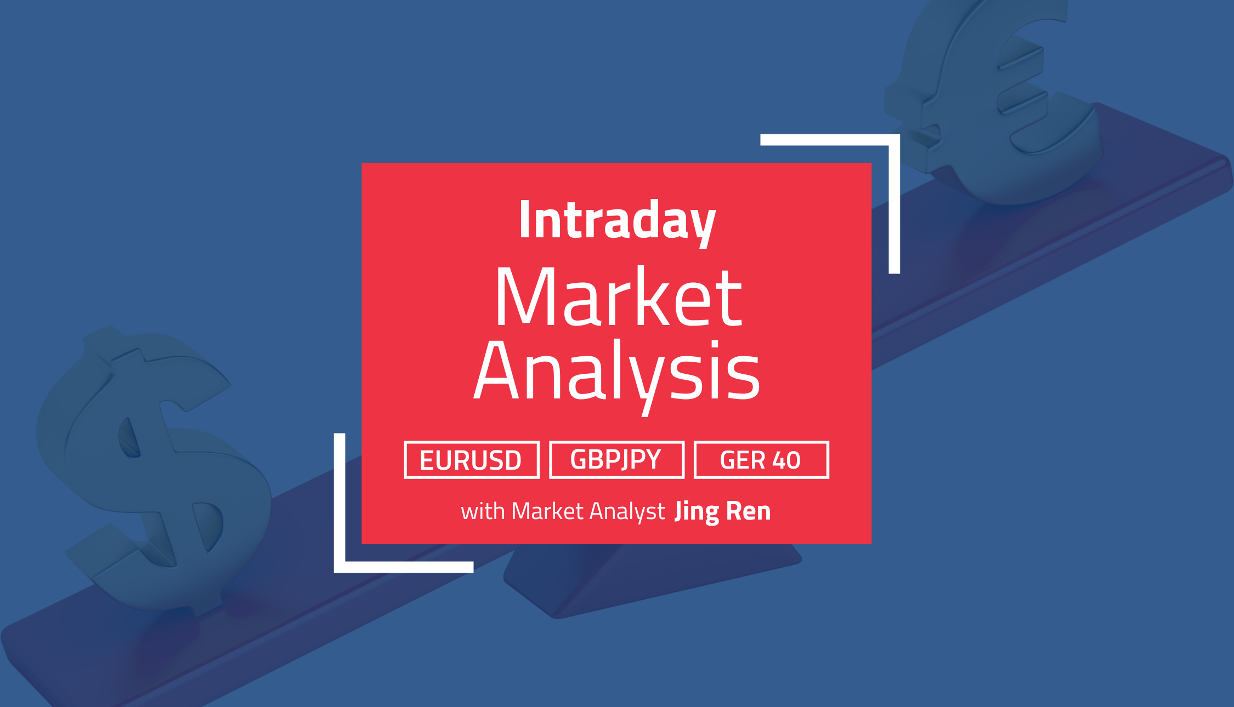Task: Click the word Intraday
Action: [617, 222]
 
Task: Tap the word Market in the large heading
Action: [619, 297]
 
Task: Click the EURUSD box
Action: [472, 460]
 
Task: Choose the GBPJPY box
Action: [617, 460]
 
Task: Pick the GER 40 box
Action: [761, 460]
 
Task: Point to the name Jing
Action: [697, 512]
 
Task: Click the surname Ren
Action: [749, 511]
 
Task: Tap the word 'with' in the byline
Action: [483, 511]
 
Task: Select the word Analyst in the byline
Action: [627, 512]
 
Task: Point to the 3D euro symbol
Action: [993, 99]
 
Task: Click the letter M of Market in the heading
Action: [528, 297]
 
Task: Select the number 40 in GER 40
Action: [786, 460]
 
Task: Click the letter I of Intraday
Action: [524, 219]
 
